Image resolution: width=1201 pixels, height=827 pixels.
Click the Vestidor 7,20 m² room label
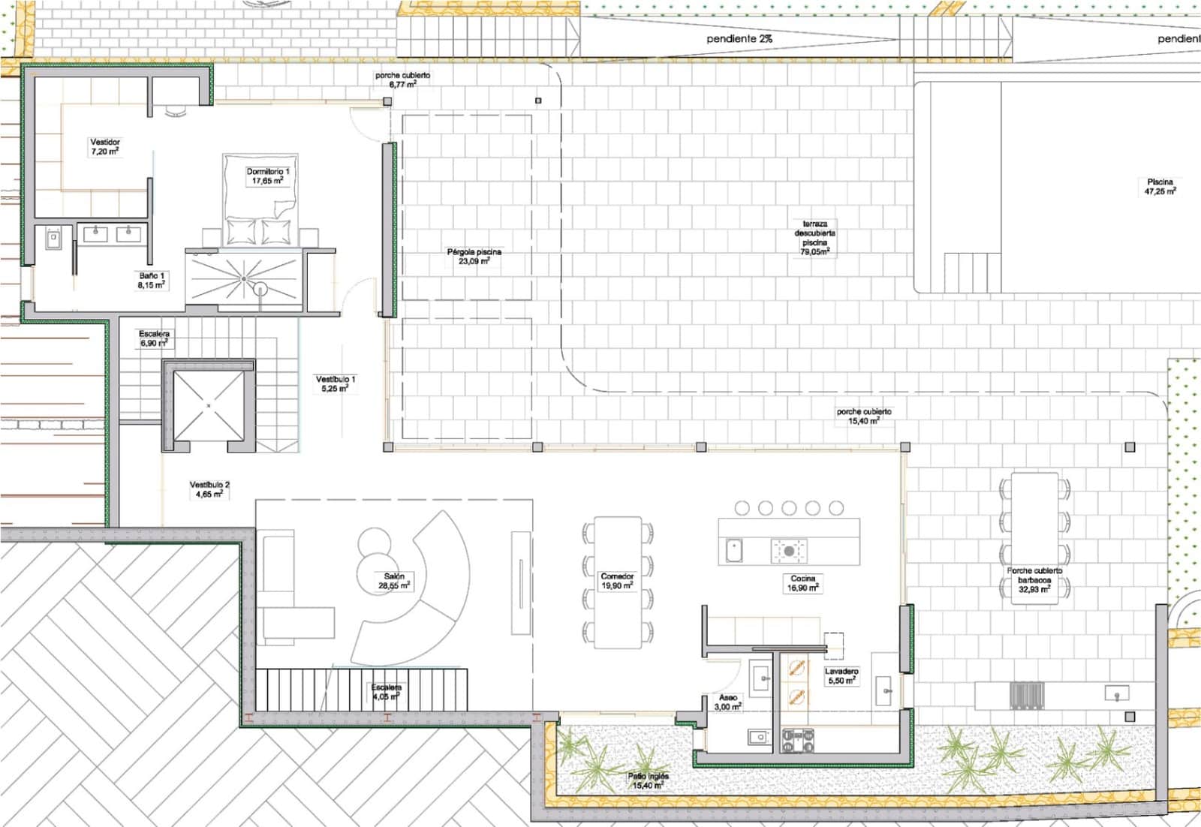105,146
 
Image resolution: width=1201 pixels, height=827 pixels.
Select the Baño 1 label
151,281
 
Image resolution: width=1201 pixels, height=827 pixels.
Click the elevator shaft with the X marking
209,405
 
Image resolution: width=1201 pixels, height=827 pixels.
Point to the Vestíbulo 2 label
209,489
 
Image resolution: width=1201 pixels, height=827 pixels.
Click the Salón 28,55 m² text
393,581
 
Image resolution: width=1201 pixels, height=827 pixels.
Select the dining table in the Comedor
617,582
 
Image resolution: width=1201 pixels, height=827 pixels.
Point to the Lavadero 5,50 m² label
841,675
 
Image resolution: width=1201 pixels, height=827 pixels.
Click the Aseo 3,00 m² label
727,702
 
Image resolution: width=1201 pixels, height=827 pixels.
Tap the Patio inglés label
648,780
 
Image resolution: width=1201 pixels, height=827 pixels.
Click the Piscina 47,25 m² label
1160,186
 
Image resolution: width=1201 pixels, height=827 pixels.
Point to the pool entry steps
972,272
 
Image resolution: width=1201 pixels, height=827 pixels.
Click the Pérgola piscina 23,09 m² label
474,257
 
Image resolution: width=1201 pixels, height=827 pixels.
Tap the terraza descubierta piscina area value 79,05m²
814,252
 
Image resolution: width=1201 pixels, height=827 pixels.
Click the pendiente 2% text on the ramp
739,38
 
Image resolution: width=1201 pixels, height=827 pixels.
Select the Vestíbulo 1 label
335,383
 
